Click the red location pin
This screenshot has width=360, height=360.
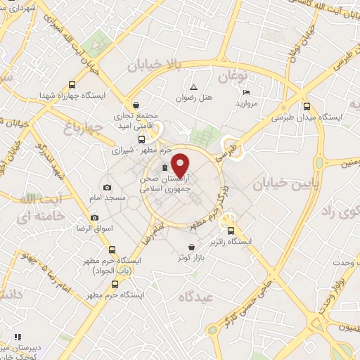181,164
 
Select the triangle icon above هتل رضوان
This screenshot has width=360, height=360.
193,86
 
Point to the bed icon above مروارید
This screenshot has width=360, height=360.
245,92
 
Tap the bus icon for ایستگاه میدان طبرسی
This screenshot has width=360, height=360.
305,107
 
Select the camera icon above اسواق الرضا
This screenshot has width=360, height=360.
94,218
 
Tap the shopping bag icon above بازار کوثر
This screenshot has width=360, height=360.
182,247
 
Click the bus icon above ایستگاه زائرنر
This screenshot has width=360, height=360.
230,230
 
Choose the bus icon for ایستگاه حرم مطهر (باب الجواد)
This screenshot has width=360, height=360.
112,250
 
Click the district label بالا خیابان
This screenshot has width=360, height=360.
155,65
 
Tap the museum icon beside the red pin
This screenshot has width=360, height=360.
165,167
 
